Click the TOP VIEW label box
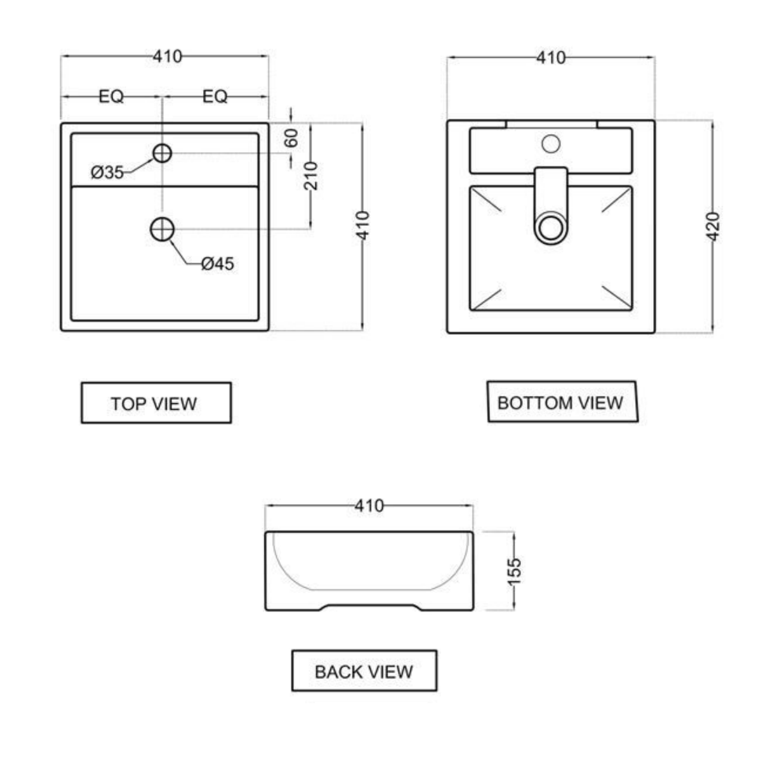pos(156,403)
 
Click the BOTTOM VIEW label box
pos(561,402)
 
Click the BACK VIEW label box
pos(364,671)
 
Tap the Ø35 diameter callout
pos(107,173)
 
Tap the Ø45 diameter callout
pos(217,264)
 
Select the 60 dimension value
pos(291,138)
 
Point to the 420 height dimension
pos(712,226)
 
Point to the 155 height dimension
pos(514,571)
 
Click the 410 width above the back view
pos(368,506)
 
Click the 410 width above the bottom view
pos(550,57)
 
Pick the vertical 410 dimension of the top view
pos(363,226)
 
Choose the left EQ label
pos(111,96)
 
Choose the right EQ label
pos(215,96)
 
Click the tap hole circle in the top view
pos(162,153)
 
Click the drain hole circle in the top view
pos(162,228)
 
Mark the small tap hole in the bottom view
pos(551,143)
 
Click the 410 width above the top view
pos(168,56)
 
